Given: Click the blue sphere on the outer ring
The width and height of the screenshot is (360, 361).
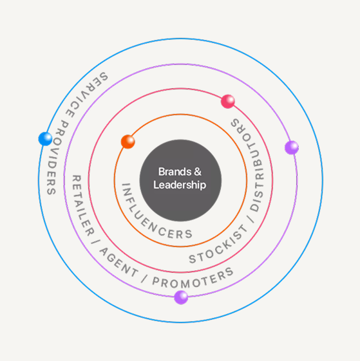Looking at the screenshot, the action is coord(45,139).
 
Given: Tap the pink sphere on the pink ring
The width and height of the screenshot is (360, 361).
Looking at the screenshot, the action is coord(228,101).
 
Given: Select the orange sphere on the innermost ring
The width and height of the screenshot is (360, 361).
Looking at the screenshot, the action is coord(128,142).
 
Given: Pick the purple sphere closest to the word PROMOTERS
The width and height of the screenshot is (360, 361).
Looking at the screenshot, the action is coord(181,297).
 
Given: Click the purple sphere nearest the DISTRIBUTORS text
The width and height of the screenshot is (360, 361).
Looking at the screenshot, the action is coord(292,147).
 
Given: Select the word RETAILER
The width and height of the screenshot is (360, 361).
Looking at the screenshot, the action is coord(81,205).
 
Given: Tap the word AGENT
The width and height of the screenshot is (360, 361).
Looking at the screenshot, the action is coord(118,263).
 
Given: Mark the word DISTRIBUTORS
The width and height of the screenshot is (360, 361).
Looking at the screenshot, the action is coord(251,164).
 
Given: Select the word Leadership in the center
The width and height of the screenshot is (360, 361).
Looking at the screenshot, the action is coord(180,185).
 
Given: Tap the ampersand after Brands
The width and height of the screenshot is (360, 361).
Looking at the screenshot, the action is coord(198,172).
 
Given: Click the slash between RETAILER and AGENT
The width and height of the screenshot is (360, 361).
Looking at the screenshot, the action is coord(94,242).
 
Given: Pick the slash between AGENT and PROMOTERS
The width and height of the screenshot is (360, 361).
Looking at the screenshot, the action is coord(144,279).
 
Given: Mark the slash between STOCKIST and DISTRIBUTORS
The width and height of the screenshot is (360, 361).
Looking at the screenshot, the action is coord(252,218).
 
